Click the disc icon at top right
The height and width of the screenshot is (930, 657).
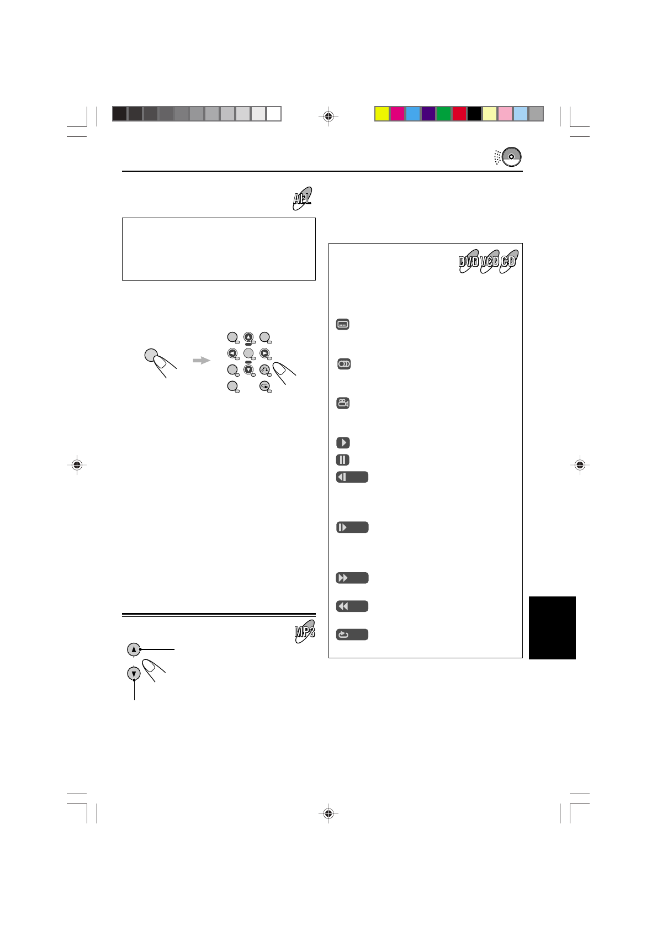point(511,157)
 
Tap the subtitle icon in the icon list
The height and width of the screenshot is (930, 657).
point(343,325)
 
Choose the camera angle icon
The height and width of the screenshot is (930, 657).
point(343,403)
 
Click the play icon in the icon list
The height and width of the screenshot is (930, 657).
point(343,442)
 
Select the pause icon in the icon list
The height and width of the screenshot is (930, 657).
point(343,459)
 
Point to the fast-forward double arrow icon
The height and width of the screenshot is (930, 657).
point(352,578)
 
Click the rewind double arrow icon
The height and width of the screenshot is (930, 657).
point(352,606)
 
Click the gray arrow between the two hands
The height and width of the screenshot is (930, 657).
point(202,361)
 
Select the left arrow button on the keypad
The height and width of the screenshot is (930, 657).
point(232,353)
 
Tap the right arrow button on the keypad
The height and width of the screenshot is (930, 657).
point(265,353)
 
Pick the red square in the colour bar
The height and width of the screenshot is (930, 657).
point(459,114)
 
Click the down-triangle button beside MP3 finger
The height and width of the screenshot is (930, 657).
point(134,674)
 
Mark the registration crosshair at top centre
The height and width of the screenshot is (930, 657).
point(328,117)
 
